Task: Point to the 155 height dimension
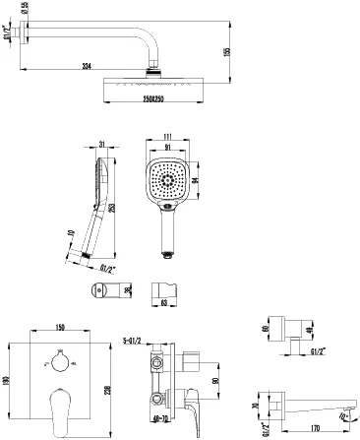(x=254, y=52)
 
